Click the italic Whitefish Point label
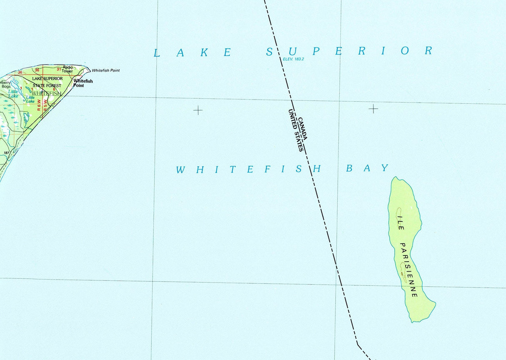105,70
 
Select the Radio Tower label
68,69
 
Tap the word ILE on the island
401,222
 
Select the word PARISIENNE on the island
408,270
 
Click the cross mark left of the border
198,110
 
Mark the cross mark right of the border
373,109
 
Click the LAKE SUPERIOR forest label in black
48,78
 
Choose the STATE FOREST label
47,86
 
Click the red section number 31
59,69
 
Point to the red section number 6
54,89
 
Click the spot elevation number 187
6,153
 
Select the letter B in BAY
350,168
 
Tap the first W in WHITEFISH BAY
180,170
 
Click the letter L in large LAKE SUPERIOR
157,53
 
